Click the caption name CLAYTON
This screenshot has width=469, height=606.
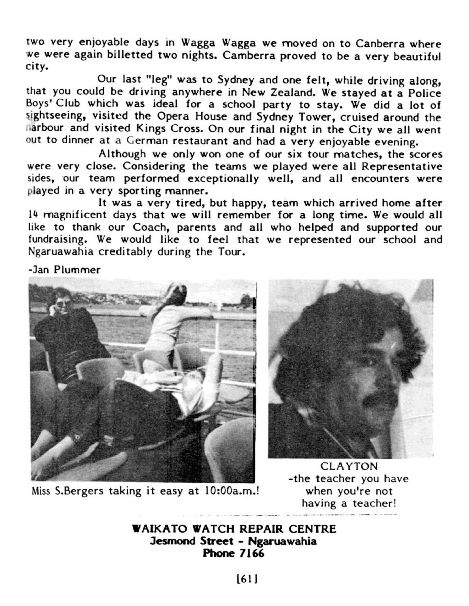pyautogui.click(x=349, y=466)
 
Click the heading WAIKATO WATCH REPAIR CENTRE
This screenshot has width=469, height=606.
pyautogui.click(x=234, y=529)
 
